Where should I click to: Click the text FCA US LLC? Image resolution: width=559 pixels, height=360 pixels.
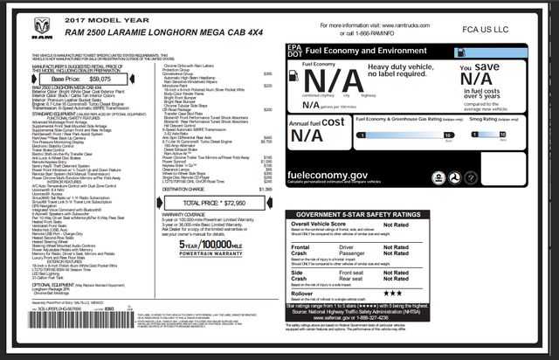pos(498,31)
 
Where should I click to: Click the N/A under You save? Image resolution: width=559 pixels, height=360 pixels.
pos(514,85)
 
